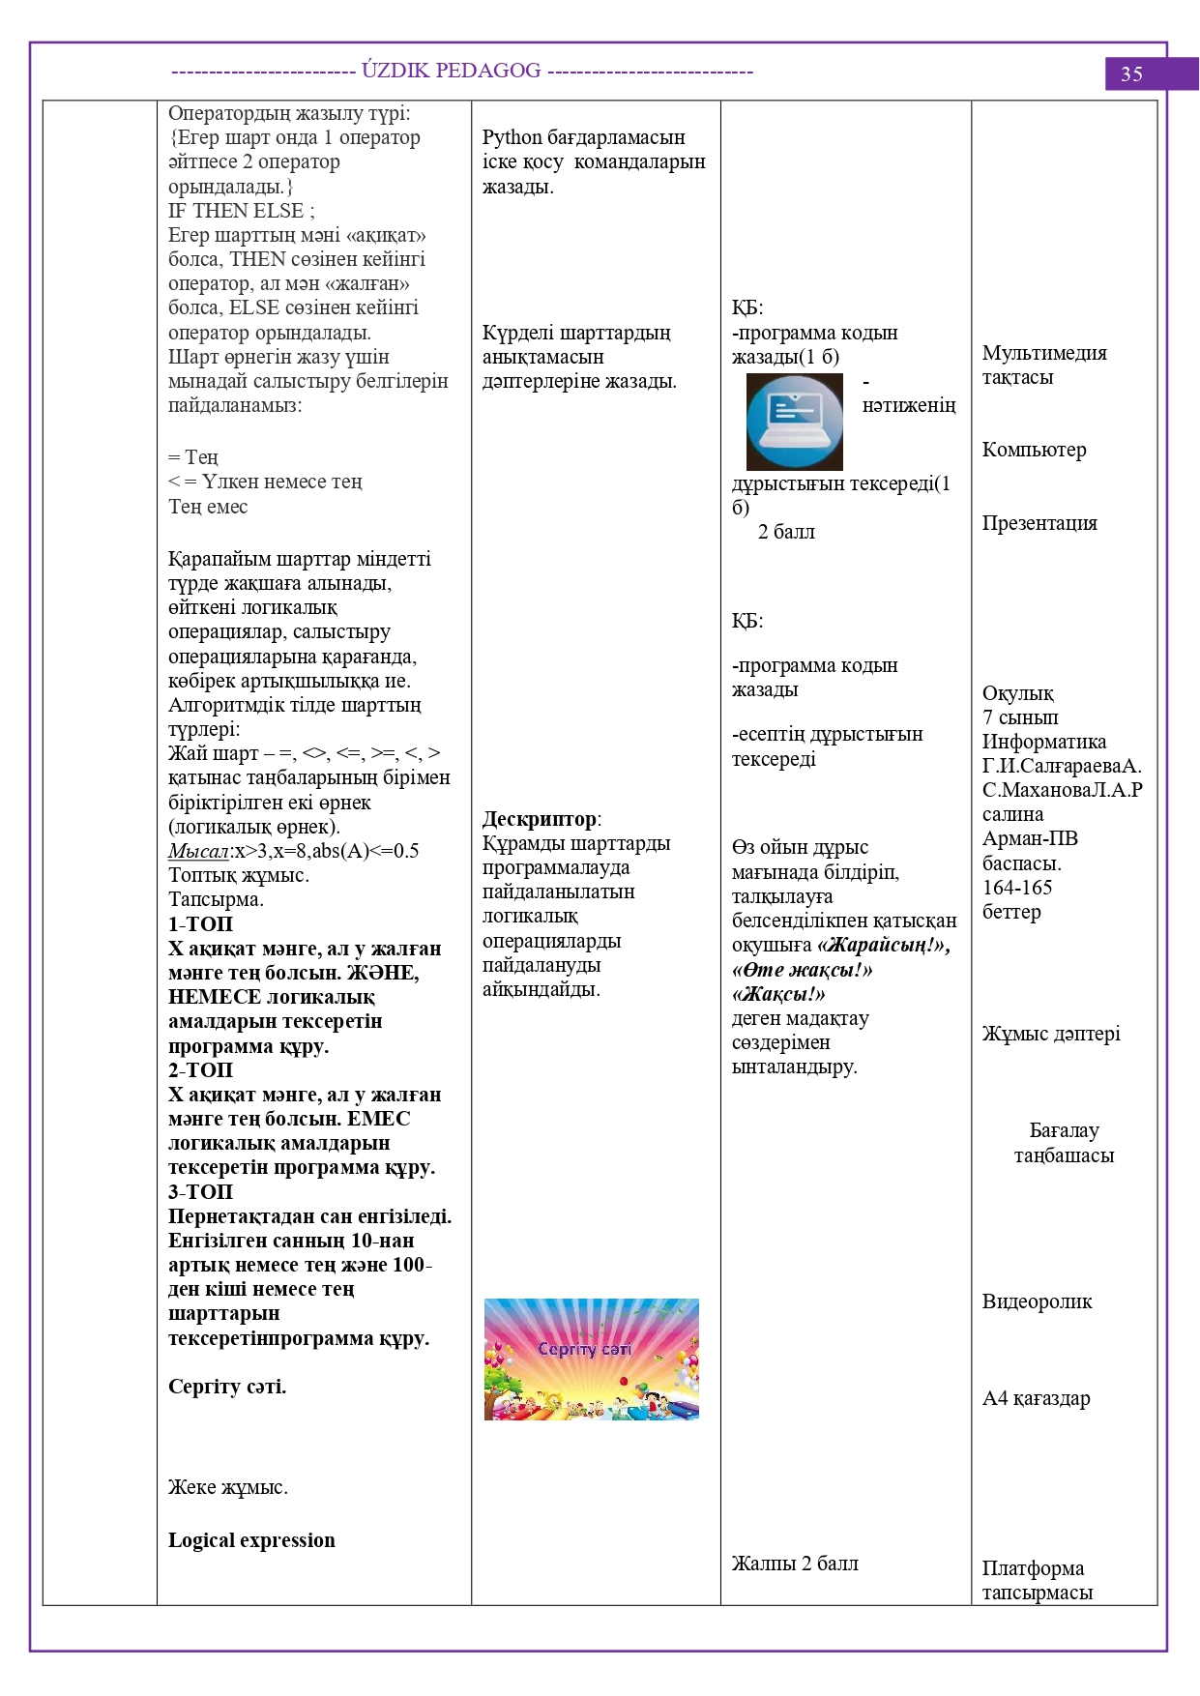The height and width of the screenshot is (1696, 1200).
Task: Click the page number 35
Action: point(1131,74)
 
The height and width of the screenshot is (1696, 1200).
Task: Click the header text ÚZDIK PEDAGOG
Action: point(451,71)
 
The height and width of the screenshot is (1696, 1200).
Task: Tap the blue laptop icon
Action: point(794,423)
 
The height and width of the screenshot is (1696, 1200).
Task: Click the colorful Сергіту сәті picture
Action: point(591,1359)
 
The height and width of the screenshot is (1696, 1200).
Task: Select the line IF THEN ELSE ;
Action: point(241,211)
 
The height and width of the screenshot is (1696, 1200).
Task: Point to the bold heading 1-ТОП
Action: point(200,923)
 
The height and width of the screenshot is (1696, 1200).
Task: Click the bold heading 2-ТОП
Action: point(200,1070)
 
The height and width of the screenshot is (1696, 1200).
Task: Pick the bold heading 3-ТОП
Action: point(200,1192)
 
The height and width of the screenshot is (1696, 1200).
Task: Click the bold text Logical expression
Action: point(251,1540)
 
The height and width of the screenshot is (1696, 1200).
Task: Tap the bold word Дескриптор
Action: point(539,819)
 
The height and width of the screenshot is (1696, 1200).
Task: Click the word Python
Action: point(513,137)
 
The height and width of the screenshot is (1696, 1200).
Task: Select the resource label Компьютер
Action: point(1034,450)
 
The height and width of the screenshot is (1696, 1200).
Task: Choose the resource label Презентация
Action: point(1039,523)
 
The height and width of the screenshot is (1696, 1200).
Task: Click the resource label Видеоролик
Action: point(1037,1301)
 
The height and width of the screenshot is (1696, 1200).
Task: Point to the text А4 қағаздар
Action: point(1036,1398)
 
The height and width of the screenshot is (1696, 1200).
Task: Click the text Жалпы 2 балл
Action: point(795,1564)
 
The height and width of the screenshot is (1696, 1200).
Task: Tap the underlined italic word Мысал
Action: point(198,851)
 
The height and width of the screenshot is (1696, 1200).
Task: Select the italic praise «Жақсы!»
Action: point(778,994)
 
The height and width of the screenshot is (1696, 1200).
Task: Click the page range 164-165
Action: point(1016,888)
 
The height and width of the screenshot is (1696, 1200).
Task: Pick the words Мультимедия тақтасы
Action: point(1044,366)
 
